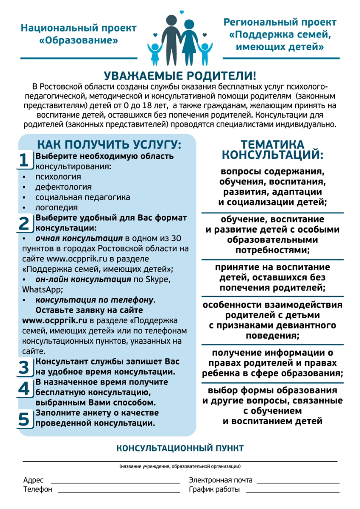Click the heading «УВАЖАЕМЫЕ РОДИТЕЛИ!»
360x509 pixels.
point(180,76)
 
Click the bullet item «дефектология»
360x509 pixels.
point(63,187)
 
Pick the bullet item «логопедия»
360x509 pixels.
point(57,207)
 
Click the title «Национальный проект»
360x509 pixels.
point(79,28)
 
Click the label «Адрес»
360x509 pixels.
point(33,480)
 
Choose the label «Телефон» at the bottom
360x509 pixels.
point(38,489)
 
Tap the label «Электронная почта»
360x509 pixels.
point(221,480)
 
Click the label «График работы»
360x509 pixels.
point(214,489)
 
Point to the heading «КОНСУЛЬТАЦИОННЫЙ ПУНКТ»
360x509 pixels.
point(180,448)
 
